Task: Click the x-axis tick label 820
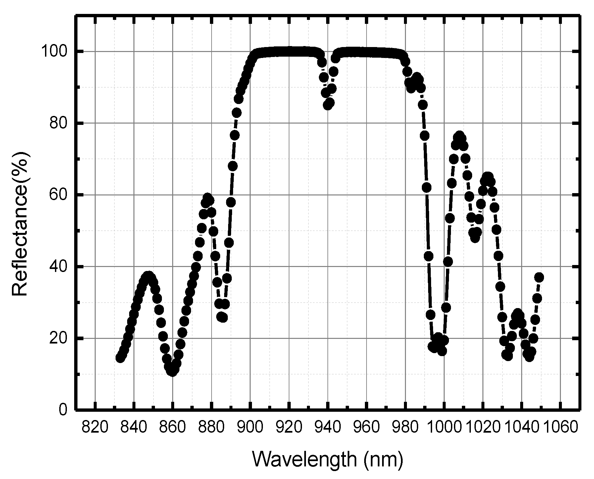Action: [x=95, y=428]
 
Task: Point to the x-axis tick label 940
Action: [x=328, y=428]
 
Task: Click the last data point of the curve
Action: [x=539, y=277]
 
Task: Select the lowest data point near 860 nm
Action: [x=172, y=372]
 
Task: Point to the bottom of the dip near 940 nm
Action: [x=327, y=105]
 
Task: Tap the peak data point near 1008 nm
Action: [x=459, y=136]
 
